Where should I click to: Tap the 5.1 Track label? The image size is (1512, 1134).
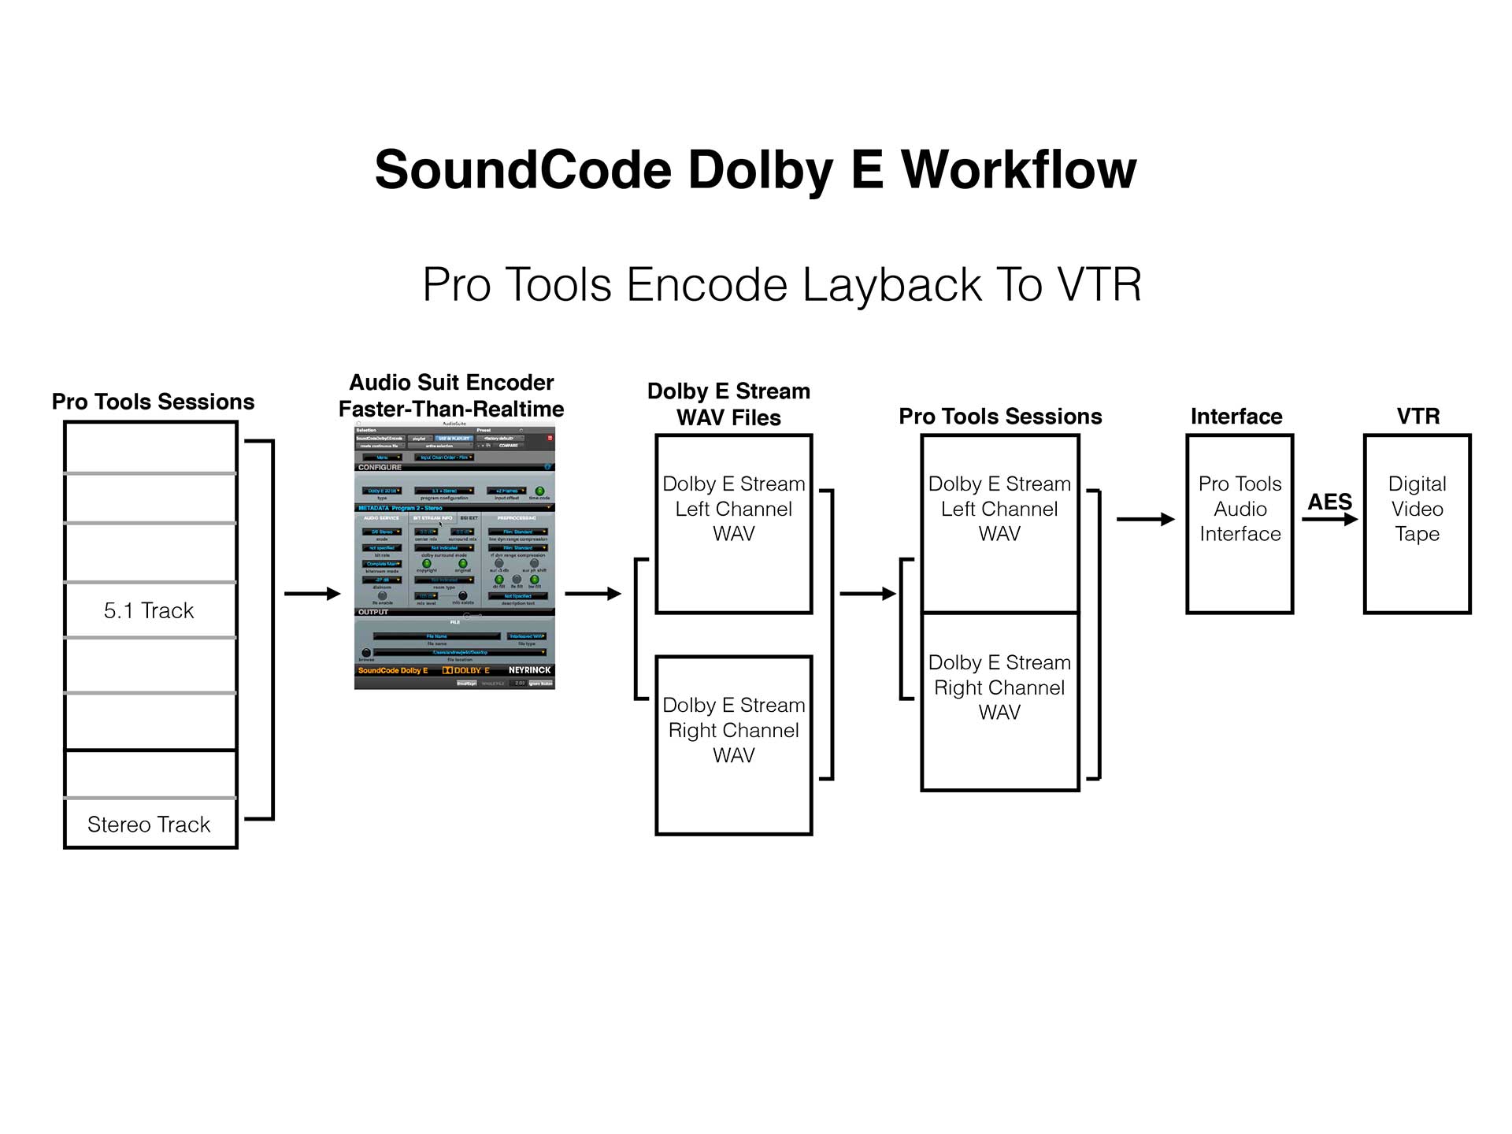[149, 610]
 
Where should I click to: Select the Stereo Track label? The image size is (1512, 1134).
[149, 825]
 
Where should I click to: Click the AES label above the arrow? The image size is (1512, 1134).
[1329, 502]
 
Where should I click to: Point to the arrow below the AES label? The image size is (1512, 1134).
[1329, 520]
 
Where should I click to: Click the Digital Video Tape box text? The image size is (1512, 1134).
[1417, 509]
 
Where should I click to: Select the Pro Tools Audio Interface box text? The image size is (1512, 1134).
[1240, 509]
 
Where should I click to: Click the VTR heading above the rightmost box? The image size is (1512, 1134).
[1417, 417]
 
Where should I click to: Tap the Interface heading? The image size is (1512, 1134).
[1236, 417]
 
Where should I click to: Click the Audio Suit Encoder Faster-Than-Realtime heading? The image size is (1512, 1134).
[451, 396]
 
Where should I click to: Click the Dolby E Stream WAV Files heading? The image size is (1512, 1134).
[728, 405]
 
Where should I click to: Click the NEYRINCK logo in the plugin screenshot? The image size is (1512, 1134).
[529, 670]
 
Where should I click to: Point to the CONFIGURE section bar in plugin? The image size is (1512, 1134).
[380, 468]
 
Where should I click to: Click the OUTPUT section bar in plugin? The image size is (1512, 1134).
[373, 612]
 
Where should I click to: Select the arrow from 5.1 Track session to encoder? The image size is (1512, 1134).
[312, 594]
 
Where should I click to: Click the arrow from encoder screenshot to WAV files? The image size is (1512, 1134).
[592, 594]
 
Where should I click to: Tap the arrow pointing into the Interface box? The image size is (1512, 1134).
[1145, 519]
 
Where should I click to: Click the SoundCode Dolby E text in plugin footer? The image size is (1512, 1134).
[393, 671]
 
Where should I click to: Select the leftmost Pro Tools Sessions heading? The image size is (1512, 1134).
[153, 402]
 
